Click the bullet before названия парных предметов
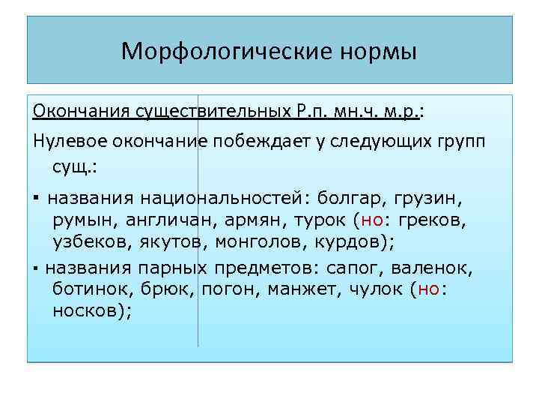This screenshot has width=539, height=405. tap(37, 268)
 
